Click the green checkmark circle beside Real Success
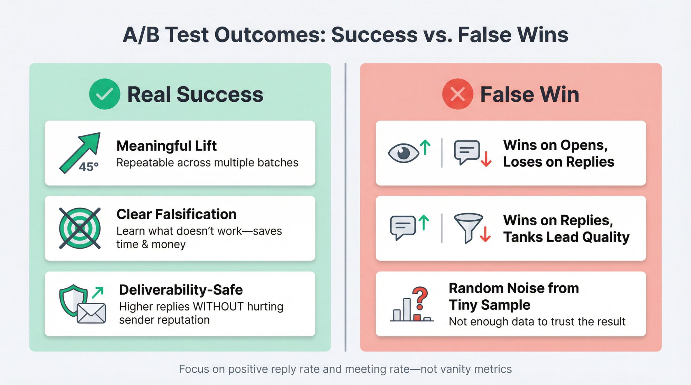click(x=104, y=94)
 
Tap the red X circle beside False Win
click(x=457, y=94)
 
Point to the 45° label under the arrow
click(x=89, y=167)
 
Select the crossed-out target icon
click(x=80, y=228)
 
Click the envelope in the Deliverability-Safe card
click(x=91, y=313)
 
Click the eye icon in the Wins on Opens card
click(x=403, y=153)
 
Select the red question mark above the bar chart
click(x=420, y=298)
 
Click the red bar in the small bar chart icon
click(x=417, y=317)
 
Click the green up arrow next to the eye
click(x=425, y=147)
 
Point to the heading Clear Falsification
click(x=176, y=214)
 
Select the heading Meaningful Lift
click(x=166, y=146)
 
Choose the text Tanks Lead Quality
click(x=566, y=237)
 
